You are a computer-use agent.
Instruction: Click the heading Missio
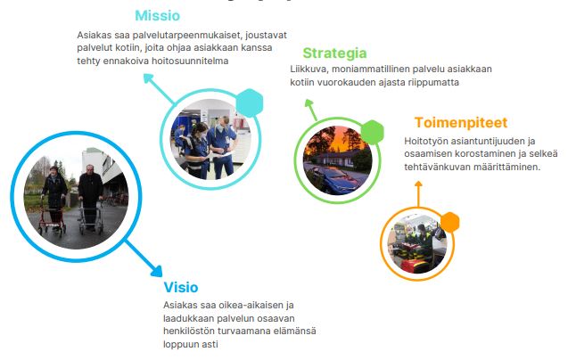(x=157, y=15)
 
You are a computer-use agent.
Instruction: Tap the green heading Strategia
(x=334, y=53)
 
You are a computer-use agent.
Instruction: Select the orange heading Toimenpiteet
(x=461, y=122)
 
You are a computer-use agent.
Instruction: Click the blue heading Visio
(x=181, y=287)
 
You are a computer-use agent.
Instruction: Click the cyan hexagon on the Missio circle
(x=250, y=102)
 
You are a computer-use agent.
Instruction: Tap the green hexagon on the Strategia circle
(x=372, y=132)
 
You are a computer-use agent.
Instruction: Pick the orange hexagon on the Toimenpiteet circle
(x=449, y=222)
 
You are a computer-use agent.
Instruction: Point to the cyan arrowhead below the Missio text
(x=148, y=78)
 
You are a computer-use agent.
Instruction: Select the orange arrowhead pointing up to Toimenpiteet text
(x=418, y=184)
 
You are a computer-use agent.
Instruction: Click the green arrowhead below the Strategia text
(x=309, y=103)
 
